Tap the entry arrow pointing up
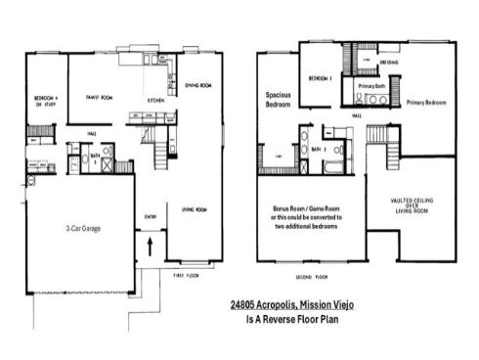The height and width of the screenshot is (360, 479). (150, 247)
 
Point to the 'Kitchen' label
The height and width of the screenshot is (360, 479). (155, 100)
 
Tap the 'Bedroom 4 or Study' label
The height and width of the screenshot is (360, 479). (45, 102)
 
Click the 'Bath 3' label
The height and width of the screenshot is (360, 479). (96, 157)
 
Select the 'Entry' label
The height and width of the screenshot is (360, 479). (151, 217)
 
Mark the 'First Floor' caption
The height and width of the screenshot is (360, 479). (186, 277)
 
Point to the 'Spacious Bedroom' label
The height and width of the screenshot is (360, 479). (280, 100)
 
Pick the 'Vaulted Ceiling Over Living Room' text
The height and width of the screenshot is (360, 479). (412, 206)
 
